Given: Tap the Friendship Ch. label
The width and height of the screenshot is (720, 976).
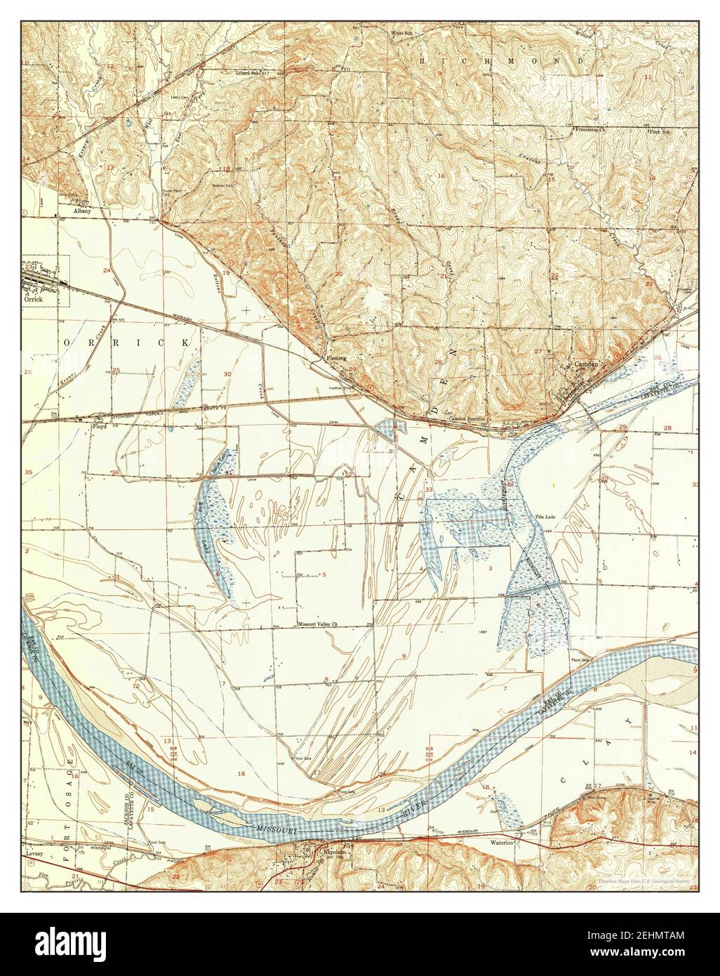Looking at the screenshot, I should [591, 131].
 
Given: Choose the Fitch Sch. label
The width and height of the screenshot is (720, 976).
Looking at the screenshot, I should [660, 131].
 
